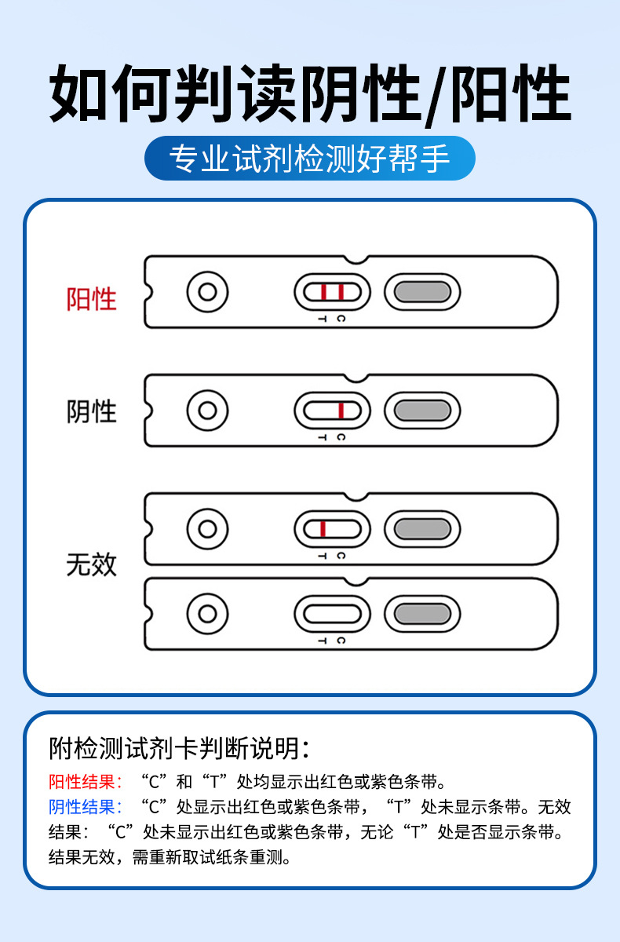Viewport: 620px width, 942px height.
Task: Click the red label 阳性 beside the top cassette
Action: (x=92, y=298)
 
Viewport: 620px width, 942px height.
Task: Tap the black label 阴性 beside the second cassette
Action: (x=92, y=411)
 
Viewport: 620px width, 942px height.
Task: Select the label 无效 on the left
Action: (x=92, y=564)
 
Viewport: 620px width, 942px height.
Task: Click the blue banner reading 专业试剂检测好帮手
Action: (x=310, y=159)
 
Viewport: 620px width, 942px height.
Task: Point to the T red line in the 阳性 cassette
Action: (x=323, y=292)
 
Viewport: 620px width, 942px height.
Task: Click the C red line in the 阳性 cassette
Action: (x=341, y=292)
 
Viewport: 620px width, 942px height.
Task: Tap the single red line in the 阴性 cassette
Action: (x=341, y=411)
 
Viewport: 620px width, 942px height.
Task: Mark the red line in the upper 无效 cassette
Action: (x=323, y=529)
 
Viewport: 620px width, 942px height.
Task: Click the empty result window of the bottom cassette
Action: (x=331, y=613)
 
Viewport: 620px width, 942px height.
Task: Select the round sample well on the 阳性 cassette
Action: (x=207, y=292)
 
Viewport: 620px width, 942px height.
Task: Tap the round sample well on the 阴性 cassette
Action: (x=207, y=411)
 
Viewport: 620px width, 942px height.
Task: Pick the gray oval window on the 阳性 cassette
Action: (x=422, y=292)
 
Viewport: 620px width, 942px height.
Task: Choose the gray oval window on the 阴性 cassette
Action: (x=422, y=411)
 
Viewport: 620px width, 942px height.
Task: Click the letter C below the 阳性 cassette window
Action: (x=341, y=319)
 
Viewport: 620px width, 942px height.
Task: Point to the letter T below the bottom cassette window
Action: (x=322, y=641)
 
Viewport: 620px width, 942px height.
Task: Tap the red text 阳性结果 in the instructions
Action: (x=86, y=782)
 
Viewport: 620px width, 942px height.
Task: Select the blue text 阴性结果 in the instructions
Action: (x=86, y=807)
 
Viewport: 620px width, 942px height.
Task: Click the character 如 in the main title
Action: (x=80, y=94)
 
